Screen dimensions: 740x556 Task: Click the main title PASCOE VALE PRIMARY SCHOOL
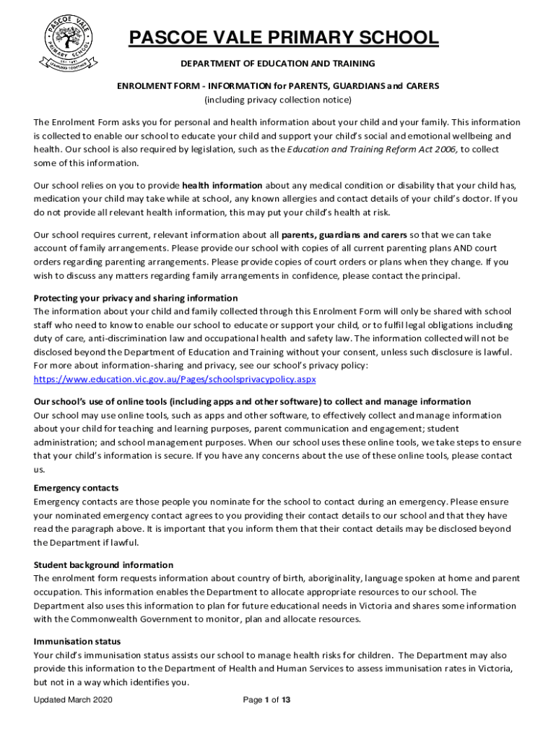tap(283, 38)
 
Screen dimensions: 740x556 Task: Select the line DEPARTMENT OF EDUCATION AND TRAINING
tap(278, 64)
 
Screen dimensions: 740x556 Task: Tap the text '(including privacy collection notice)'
tap(278, 99)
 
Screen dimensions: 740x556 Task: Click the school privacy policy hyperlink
tap(175, 379)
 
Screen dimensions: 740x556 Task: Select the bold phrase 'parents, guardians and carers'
tap(344, 235)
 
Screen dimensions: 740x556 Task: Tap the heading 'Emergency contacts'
tap(76, 488)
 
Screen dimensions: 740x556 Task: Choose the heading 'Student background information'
tap(103, 564)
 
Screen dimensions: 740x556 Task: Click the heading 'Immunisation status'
tap(77, 641)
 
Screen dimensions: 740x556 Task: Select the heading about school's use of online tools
tap(252, 402)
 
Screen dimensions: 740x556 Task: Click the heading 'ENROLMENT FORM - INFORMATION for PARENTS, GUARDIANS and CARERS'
tap(278, 85)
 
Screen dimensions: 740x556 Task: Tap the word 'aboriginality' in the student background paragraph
tap(334, 578)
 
